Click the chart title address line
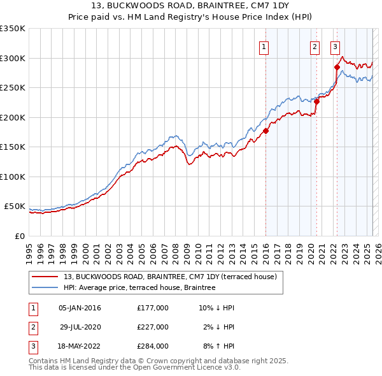pyautogui.click(x=190, y=7)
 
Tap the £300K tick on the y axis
pyautogui.click(x=13, y=58)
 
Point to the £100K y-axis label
pyautogui.click(x=13, y=177)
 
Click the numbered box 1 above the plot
pyautogui.click(x=264, y=45)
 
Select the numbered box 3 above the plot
pyautogui.click(x=335, y=45)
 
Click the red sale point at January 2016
pyautogui.click(x=265, y=131)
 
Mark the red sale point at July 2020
pyautogui.click(x=316, y=101)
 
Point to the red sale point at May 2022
pyautogui.click(x=337, y=67)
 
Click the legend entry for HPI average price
pyautogui.click(x=139, y=287)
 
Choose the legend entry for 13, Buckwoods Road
pyautogui.click(x=170, y=277)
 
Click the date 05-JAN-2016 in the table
pyautogui.click(x=80, y=308)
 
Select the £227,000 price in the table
pyautogui.click(x=153, y=327)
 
